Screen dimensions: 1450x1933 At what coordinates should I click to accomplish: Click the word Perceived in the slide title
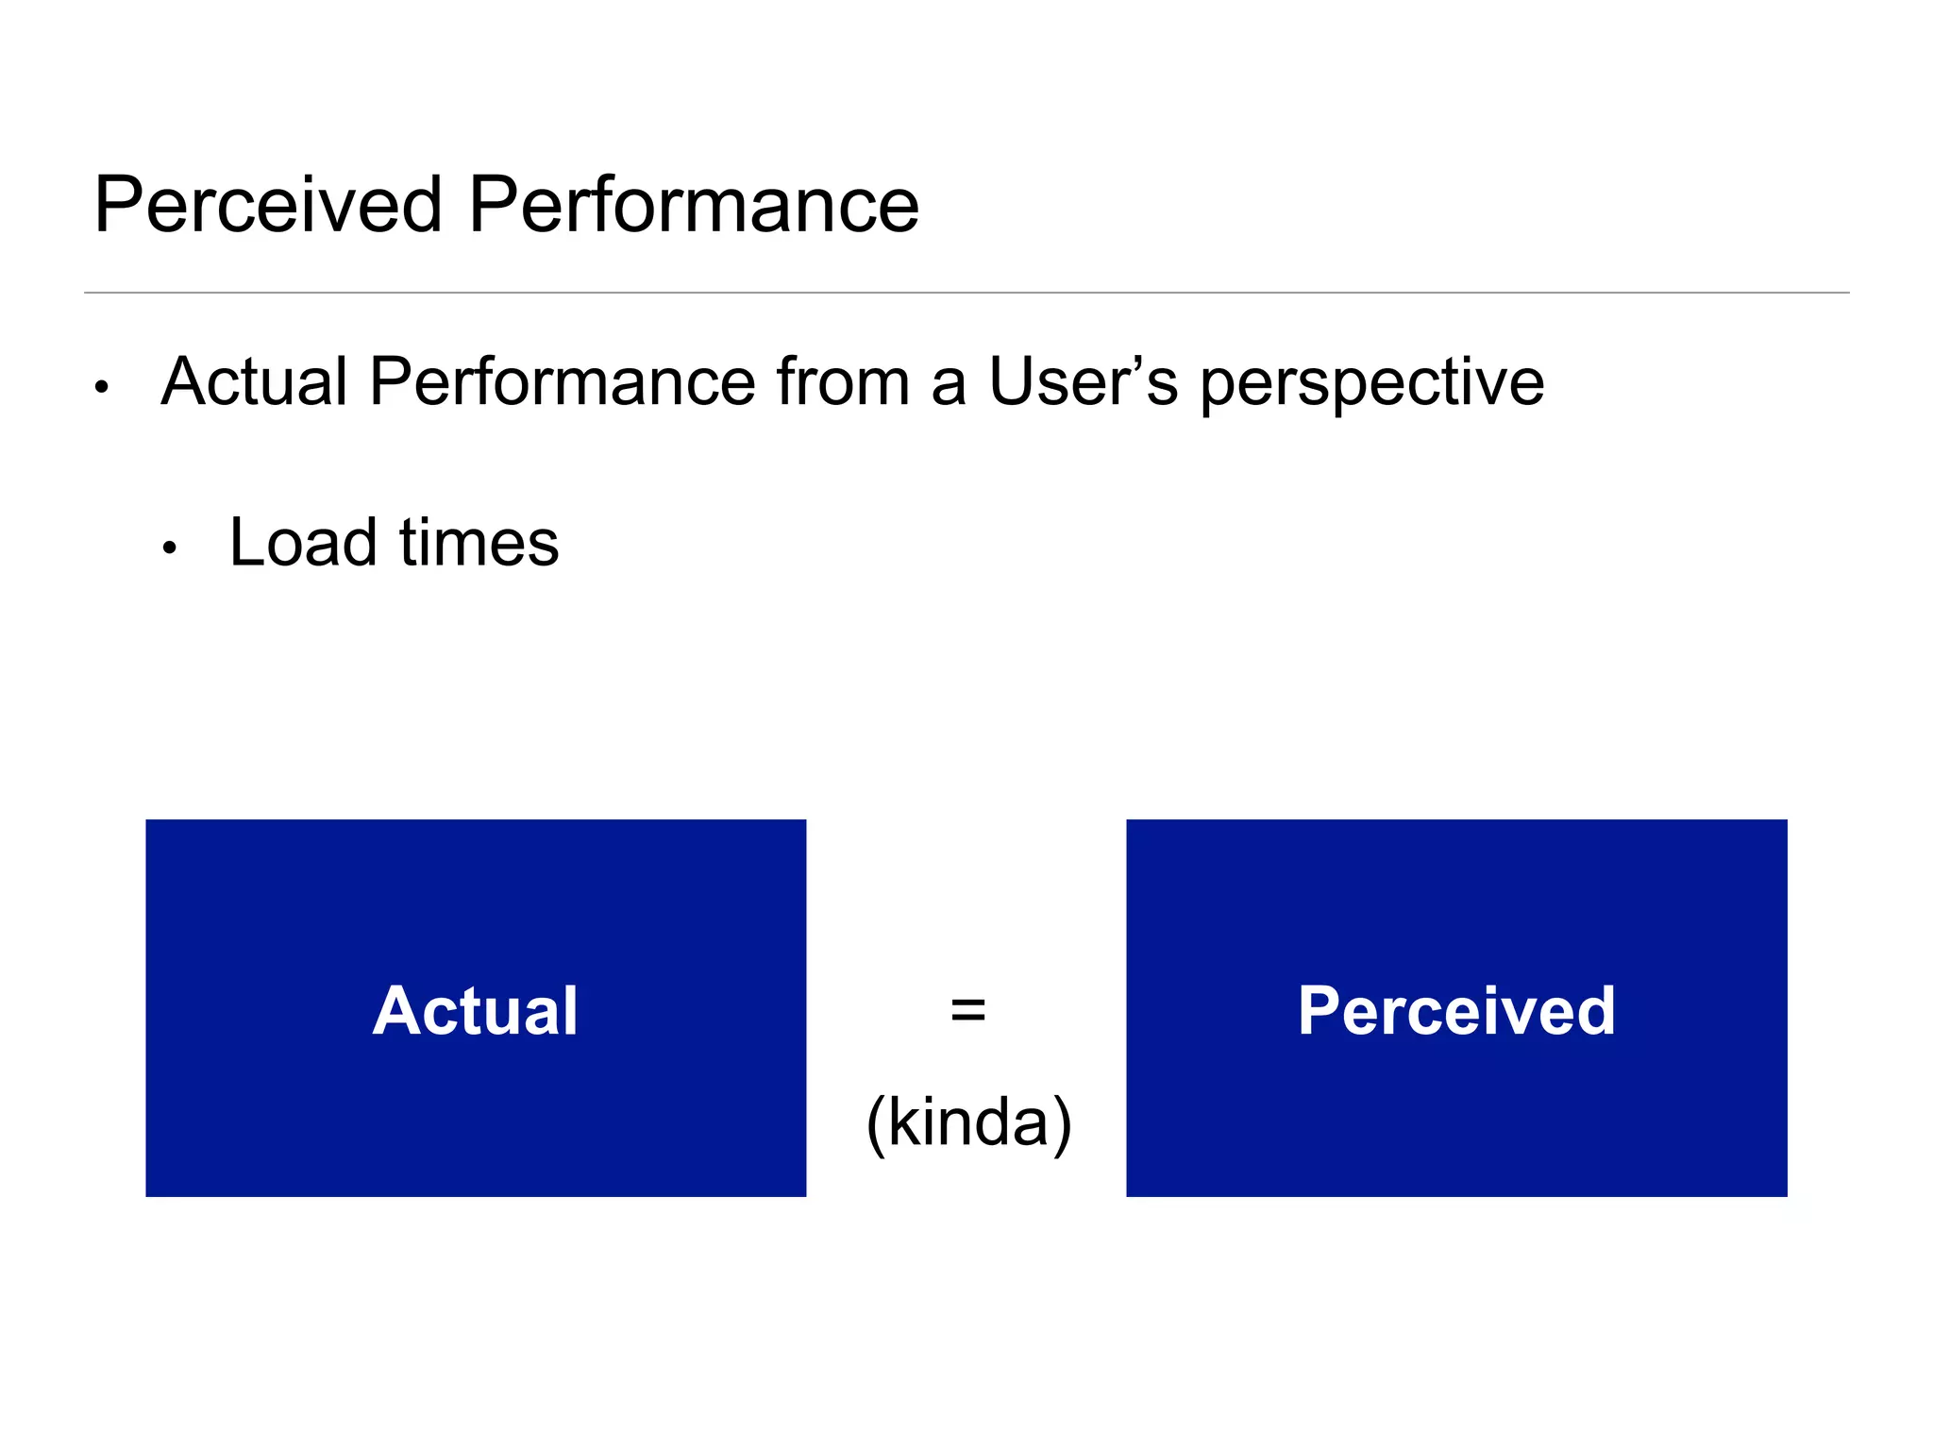(268, 205)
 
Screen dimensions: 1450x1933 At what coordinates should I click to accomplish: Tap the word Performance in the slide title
(694, 205)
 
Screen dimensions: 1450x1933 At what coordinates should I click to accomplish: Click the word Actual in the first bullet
(255, 382)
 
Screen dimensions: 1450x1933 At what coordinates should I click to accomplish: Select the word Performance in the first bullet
(563, 382)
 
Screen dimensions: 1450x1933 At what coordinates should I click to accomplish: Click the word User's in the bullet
(1083, 382)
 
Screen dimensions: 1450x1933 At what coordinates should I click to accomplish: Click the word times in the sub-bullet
(479, 543)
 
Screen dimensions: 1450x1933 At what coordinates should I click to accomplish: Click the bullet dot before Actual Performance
(102, 387)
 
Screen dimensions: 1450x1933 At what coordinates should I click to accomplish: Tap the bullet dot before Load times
(170, 548)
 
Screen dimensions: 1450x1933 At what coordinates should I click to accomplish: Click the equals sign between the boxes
(968, 1010)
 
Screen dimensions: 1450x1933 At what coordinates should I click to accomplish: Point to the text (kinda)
(969, 1121)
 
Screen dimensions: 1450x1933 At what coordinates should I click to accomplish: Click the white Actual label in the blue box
(475, 1011)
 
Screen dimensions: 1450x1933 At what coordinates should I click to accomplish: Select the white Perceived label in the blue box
(1456, 1011)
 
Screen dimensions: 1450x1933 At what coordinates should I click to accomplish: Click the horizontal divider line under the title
(966, 293)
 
